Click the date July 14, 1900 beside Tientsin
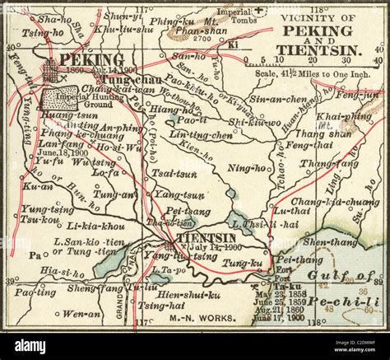point(216,245)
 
